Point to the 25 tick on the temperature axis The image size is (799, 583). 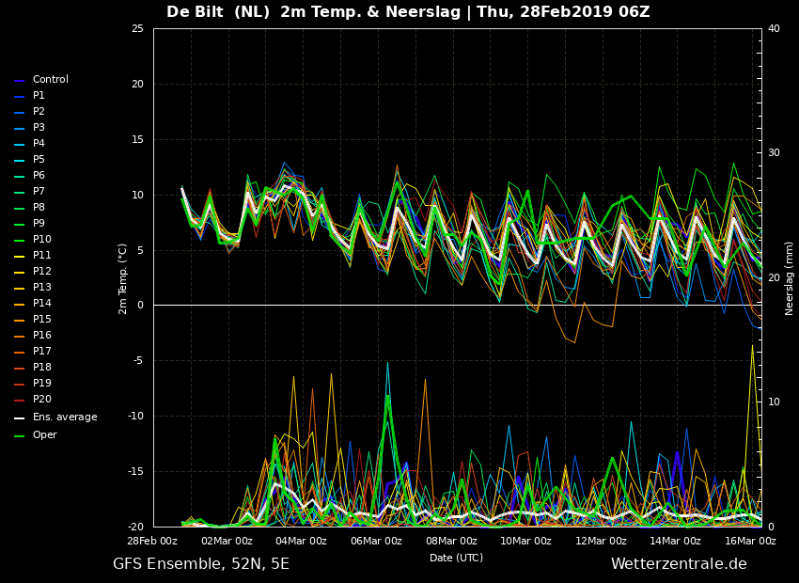[137, 28]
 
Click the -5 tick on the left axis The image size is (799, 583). [138, 361]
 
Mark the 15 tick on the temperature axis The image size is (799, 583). [137, 139]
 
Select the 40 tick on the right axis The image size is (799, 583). [774, 28]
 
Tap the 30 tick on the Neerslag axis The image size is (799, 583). [774, 153]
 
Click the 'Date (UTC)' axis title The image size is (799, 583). [456, 558]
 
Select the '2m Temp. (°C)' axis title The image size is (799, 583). [123, 278]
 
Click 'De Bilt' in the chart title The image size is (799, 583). [195, 11]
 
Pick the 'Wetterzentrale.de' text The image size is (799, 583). [679, 563]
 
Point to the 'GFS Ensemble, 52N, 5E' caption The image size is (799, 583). [201, 564]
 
